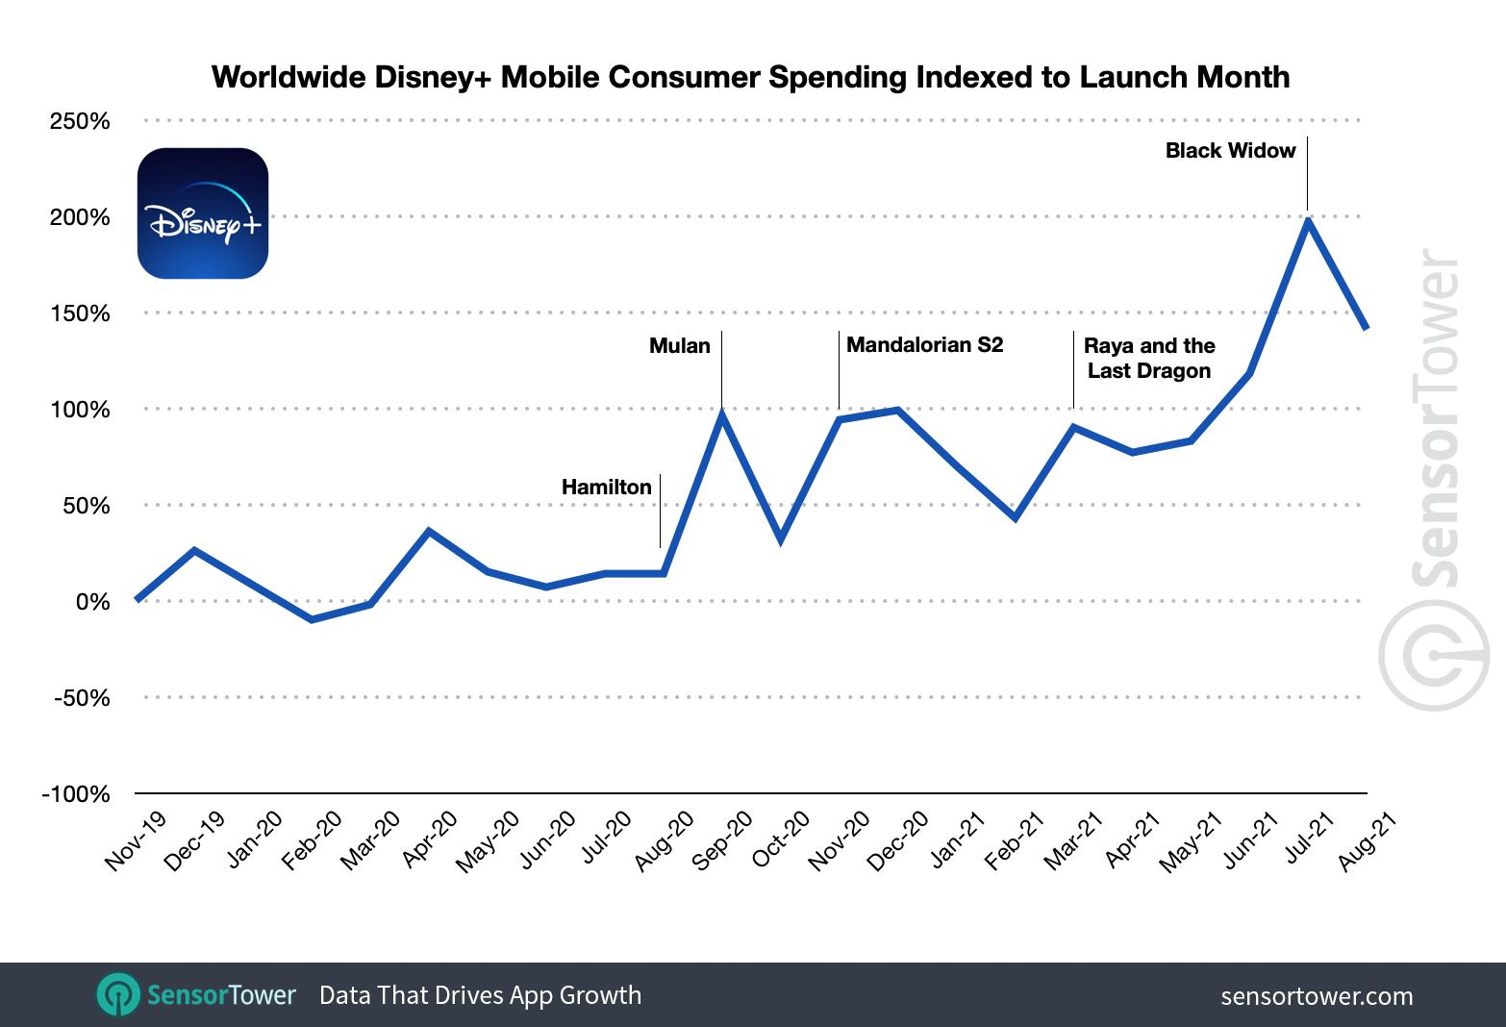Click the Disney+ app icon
click(x=203, y=213)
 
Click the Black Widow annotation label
click(x=1230, y=151)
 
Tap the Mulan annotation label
click(x=679, y=346)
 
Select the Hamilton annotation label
click(x=606, y=488)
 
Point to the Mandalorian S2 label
click(x=924, y=345)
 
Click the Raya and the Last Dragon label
click(x=1149, y=359)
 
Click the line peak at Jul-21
click(x=1308, y=220)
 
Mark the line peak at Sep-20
click(x=721, y=413)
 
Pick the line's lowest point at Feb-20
click(x=312, y=619)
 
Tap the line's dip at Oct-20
click(x=780, y=539)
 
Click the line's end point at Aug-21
click(x=1366, y=328)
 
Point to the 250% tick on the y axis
click(x=80, y=121)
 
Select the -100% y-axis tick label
click(x=76, y=794)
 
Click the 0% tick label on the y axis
click(x=92, y=602)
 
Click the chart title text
click(x=750, y=77)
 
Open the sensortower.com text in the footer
click(x=1316, y=996)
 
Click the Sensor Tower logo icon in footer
click(x=119, y=995)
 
